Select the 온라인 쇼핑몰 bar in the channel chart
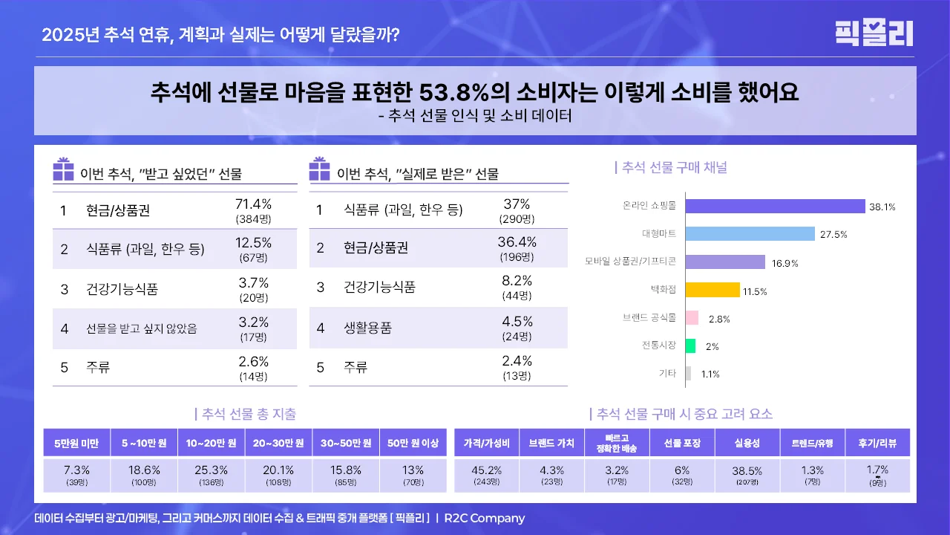coord(775,207)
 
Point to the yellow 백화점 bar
coord(712,291)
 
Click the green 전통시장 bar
coord(690,346)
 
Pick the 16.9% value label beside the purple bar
coord(786,263)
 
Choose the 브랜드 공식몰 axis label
coord(649,318)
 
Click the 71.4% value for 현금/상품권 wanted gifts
coord(253,204)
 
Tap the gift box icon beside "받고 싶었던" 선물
coord(63,170)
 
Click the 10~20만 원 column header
coord(212,443)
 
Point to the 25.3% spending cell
coord(212,470)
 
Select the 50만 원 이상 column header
coord(413,443)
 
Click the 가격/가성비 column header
coord(487,443)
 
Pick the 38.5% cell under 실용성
coord(747,470)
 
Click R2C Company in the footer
coord(485,518)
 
